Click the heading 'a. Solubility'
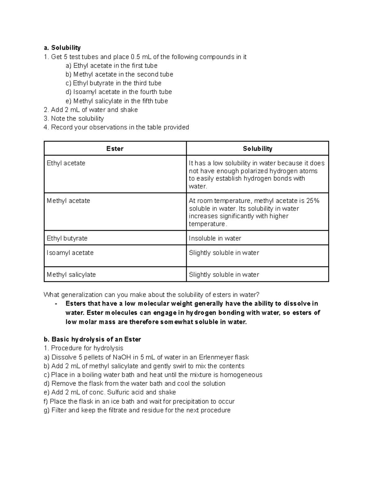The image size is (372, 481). [x=62, y=48]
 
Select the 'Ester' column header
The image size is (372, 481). [x=115, y=149]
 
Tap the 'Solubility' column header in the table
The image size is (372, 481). [x=257, y=149]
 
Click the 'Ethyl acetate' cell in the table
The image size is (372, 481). [x=66, y=163]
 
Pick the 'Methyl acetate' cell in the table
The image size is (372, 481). [x=69, y=201]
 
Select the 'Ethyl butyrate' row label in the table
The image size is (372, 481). [x=67, y=238]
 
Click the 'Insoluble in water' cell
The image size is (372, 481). [x=215, y=238]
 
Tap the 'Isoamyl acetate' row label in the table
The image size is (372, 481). [x=70, y=253]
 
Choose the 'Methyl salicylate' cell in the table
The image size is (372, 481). [x=71, y=274]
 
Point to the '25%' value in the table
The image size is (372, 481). [x=312, y=201]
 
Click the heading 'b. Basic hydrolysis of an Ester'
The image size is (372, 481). [x=92, y=339]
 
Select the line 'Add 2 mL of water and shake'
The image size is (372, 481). [x=91, y=110]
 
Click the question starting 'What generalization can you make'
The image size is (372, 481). [x=151, y=295]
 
